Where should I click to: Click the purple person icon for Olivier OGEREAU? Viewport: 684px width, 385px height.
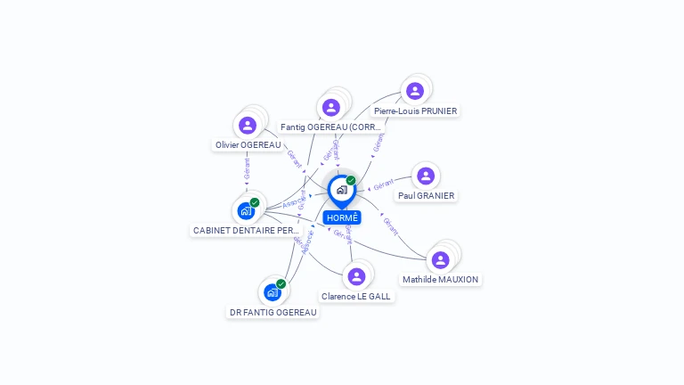tap(248, 126)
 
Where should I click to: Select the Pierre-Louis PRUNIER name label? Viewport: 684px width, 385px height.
tap(415, 111)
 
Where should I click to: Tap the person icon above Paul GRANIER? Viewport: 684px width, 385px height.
tap(426, 176)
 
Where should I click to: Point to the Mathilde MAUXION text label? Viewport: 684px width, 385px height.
tap(440, 279)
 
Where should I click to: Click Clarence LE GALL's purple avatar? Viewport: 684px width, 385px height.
tap(356, 276)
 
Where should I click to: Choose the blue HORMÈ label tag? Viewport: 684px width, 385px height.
tap(342, 217)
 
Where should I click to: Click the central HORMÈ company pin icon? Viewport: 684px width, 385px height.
tap(341, 190)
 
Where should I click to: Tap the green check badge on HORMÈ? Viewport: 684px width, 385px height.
tap(351, 180)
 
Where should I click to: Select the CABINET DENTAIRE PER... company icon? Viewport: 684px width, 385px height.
tap(245, 211)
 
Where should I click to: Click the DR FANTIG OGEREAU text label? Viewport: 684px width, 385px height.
tap(273, 312)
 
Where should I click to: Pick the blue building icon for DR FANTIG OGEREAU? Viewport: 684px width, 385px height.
tap(272, 292)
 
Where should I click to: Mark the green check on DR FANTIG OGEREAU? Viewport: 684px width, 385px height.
tap(281, 283)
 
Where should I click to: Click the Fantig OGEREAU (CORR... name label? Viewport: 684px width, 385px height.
tap(330, 127)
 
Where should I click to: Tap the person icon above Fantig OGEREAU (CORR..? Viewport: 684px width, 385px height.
tap(331, 107)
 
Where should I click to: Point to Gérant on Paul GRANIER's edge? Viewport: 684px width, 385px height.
tap(384, 184)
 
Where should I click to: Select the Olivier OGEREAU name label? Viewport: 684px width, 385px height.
tap(248, 144)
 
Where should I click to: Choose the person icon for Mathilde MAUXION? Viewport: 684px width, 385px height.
tap(440, 259)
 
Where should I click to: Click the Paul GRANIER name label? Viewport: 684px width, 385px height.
tap(426, 195)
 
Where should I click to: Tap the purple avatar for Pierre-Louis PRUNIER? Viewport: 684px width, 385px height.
tap(415, 91)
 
